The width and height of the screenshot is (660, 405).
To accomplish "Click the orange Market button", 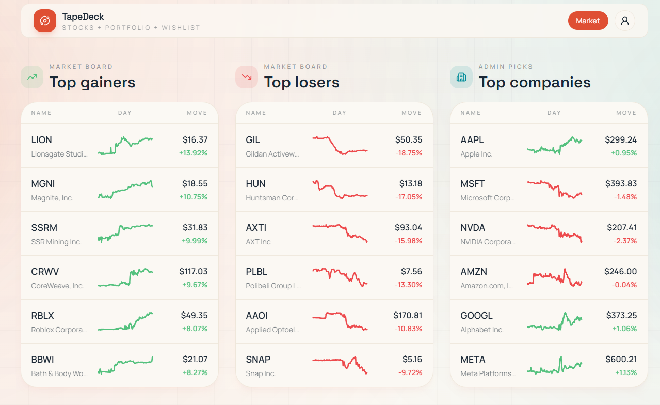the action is tap(588, 21).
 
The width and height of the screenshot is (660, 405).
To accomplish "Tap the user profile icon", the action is tap(624, 21).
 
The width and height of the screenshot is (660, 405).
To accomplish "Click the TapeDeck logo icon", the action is tap(45, 21).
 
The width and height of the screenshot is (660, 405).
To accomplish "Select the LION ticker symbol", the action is tap(42, 140).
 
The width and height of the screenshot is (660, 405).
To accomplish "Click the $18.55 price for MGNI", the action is tap(195, 183).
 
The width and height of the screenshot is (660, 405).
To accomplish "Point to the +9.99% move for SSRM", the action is tap(195, 241).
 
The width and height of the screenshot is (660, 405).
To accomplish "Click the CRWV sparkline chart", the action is tap(125, 277).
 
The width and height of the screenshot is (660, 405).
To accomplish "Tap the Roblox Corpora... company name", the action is tap(59, 330).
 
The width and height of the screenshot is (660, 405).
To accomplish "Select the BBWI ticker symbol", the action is tap(42, 359).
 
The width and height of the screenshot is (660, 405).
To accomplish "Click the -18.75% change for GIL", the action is tap(409, 153).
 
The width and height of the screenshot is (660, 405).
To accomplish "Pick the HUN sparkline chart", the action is tap(340, 190).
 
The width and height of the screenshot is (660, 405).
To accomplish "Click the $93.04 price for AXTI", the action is tap(408, 227).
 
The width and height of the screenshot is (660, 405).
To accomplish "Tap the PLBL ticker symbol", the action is tap(256, 271).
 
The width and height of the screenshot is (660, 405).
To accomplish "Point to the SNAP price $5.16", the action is tap(412, 359).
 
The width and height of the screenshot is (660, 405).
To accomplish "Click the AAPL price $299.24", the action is tap(621, 139).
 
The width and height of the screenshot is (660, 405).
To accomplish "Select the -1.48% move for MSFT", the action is tap(625, 197).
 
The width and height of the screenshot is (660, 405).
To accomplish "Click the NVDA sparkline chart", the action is tap(555, 233).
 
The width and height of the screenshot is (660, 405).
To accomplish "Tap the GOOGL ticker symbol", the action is tap(476, 315).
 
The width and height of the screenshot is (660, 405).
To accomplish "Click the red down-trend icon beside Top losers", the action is tap(247, 77).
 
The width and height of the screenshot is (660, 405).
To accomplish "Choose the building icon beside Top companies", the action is tap(461, 77).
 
